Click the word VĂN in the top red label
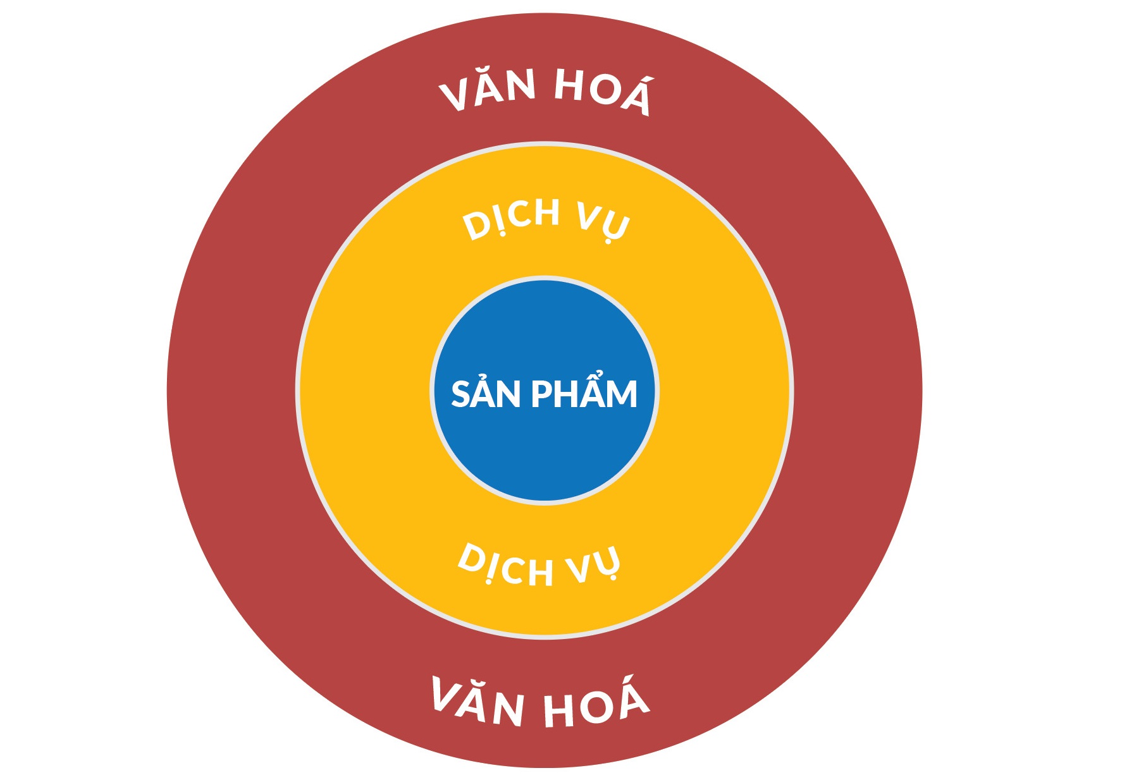(x=488, y=92)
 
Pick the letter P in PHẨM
(x=541, y=394)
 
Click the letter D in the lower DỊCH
(x=471, y=558)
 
